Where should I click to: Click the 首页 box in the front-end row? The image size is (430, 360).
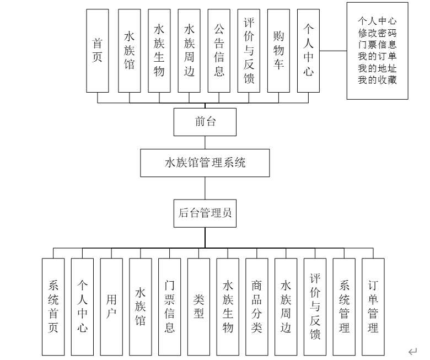tap(98, 51)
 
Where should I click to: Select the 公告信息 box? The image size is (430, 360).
tap(219, 51)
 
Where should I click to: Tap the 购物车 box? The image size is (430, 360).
tap(278, 51)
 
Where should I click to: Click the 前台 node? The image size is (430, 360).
tap(205, 122)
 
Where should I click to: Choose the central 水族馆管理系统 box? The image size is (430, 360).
tap(205, 163)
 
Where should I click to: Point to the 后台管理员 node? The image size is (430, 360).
tap(205, 213)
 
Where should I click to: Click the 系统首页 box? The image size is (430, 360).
tap(53, 307)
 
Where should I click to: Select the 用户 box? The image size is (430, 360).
tap(111, 307)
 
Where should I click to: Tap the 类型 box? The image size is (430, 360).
tap(198, 307)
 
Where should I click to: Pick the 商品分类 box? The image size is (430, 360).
tap(256, 307)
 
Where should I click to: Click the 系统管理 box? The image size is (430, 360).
tap(344, 307)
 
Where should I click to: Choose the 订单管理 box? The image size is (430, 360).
tap(373, 307)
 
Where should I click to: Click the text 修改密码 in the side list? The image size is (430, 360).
tap(378, 33)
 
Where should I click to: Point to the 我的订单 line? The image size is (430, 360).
tap(378, 56)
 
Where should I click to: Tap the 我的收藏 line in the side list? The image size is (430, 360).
tap(378, 80)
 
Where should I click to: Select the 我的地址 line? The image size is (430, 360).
tap(378, 68)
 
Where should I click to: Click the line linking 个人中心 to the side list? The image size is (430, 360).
tap(333, 51)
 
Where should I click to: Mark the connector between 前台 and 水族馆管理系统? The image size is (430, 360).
tap(205, 142)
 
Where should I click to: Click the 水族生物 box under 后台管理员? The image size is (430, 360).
tap(228, 307)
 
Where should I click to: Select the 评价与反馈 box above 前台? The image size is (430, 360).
tap(249, 51)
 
